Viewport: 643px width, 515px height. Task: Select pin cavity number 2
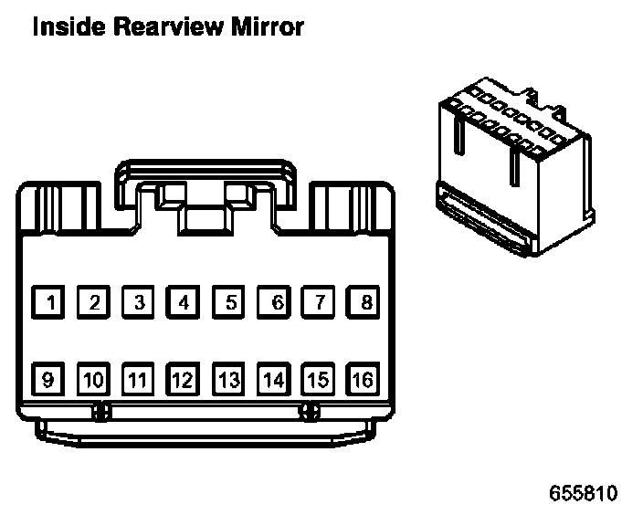coord(94,301)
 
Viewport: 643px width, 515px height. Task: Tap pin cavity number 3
coord(139,301)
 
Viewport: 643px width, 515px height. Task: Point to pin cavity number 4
coord(184,301)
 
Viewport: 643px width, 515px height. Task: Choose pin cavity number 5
coord(228,301)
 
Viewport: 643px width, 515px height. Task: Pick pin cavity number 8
coord(363,301)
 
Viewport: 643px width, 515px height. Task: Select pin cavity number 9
coord(49,378)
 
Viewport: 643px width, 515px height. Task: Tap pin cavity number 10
coord(94,378)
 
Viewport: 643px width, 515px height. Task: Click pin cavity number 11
coord(139,378)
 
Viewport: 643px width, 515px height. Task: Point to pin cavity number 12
coord(184,378)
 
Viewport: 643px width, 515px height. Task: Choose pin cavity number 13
coord(228,378)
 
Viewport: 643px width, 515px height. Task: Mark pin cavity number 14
coord(273,378)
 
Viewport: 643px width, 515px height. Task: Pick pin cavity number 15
coord(318,378)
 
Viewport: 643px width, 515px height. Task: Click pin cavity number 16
coord(363,378)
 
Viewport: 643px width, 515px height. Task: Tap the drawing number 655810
coord(583,494)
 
